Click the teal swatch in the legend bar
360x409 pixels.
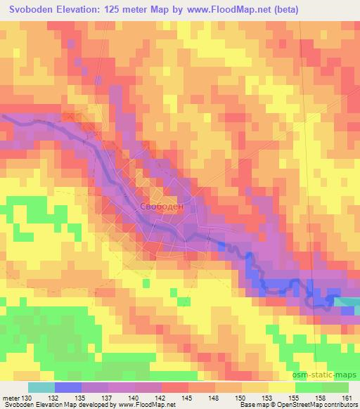(41, 387)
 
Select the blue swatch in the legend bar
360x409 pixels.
(67, 387)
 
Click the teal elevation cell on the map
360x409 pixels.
(346, 302)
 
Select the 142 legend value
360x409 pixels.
(161, 398)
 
